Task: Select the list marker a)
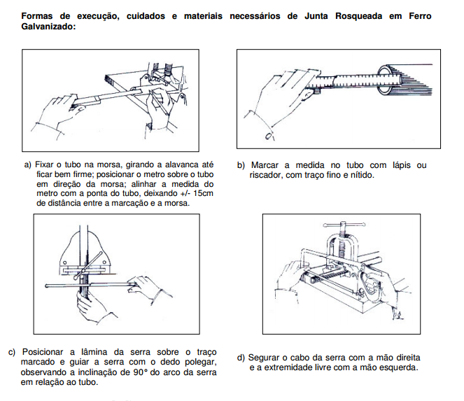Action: click(28, 165)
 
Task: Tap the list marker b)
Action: click(240, 165)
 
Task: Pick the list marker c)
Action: click(12, 351)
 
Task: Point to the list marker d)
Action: click(241, 358)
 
